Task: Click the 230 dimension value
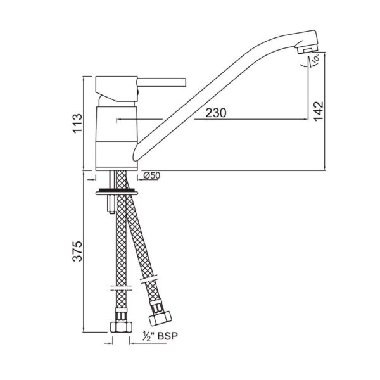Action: tap(216, 113)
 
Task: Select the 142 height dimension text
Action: tap(318, 111)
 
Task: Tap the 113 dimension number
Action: tap(78, 123)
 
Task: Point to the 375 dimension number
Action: tap(78, 251)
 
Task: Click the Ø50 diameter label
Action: tap(152, 175)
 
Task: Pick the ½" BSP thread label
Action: tap(160, 336)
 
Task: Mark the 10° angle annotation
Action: tap(315, 59)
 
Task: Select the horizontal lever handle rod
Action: tap(161, 82)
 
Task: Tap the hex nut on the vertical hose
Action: tap(121, 327)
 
